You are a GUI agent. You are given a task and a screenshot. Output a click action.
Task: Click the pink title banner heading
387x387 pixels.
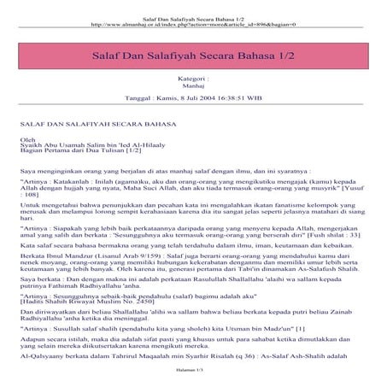pos(193,56)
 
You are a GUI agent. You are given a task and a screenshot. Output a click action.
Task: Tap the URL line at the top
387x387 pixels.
pos(193,15)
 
